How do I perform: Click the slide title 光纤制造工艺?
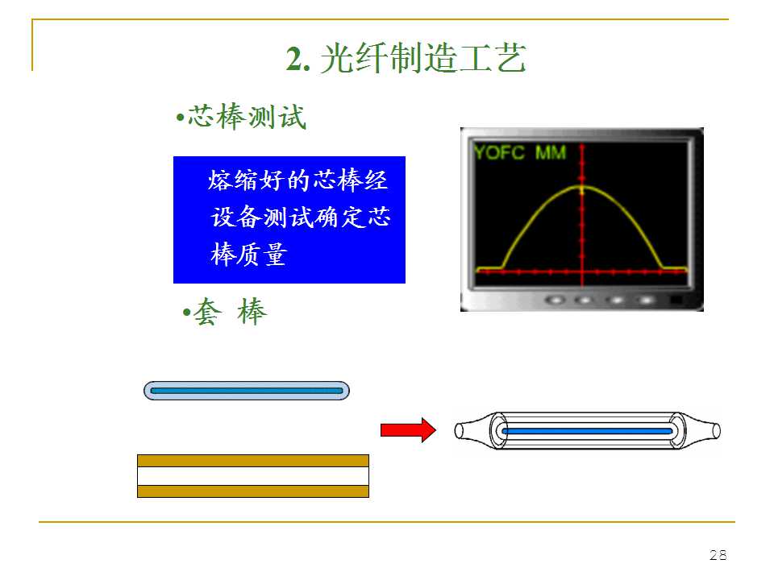click(422, 60)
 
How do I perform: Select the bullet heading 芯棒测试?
click(246, 118)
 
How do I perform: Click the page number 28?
click(718, 555)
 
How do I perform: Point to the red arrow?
click(407, 430)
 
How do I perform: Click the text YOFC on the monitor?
click(498, 152)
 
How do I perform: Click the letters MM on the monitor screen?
click(551, 152)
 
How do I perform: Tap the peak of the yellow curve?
click(581, 188)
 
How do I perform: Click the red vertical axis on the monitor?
click(581, 234)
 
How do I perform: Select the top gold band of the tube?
click(252, 461)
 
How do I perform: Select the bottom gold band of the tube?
click(252, 491)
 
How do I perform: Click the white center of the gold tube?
click(252, 476)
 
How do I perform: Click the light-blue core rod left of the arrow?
click(246, 391)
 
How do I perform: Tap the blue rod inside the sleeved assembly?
click(587, 431)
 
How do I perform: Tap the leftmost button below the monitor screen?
click(556, 300)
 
